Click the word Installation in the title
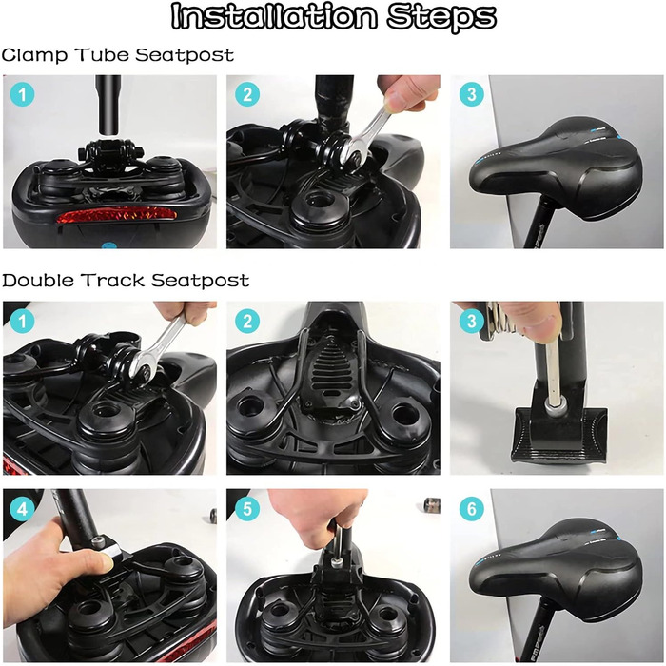tap(274, 16)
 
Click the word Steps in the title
tap(441, 18)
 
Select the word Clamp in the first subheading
tap(34, 55)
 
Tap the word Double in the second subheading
tap(38, 281)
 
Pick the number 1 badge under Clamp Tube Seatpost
tap(22, 94)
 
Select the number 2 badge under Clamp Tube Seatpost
tap(247, 94)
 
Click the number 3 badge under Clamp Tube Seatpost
tap(472, 94)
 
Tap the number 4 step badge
tap(22, 508)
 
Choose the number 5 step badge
tap(247, 508)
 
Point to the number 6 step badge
tap(472, 508)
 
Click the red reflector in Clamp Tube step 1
tap(116, 214)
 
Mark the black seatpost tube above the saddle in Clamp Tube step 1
tap(108, 105)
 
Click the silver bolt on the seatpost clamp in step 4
tap(98, 542)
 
